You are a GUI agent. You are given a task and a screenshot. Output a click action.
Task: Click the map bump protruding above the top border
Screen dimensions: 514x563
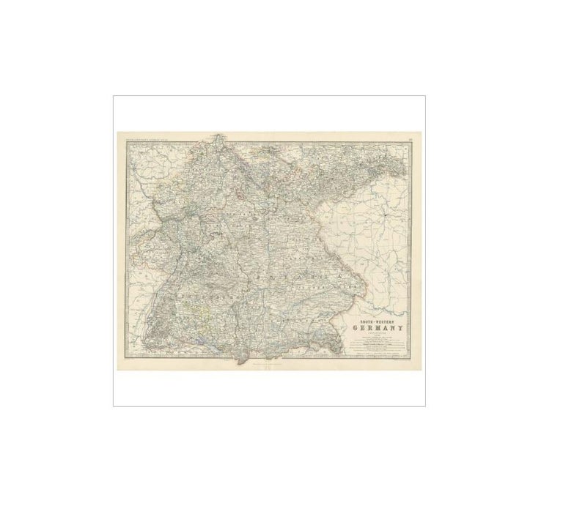[218, 136]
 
